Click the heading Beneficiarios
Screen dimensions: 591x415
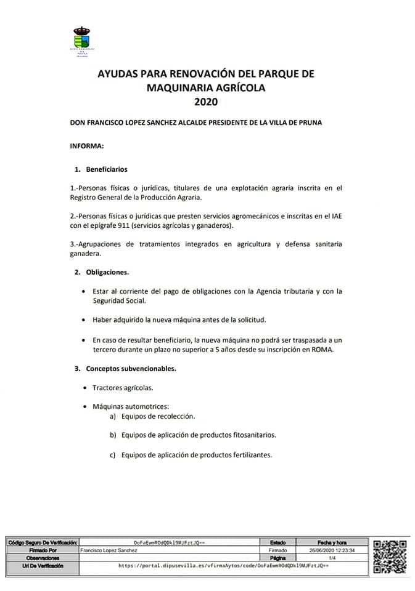pos(107,169)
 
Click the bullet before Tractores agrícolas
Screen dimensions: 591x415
pos(84,388)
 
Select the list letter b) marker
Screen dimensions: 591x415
pos(113,435)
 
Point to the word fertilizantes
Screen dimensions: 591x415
pos(245,455)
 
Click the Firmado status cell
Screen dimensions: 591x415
pos(279,550)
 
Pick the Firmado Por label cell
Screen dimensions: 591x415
pos(43,550)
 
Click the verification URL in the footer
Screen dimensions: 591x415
pos(223,565)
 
